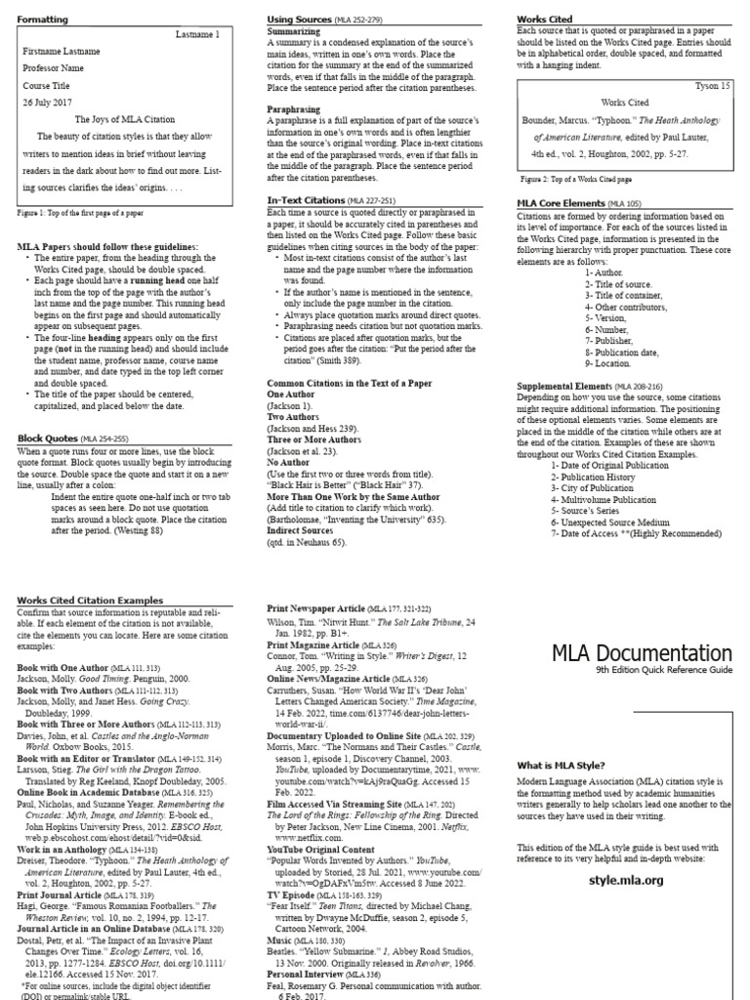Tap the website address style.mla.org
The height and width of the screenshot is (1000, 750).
[x=626, y=879]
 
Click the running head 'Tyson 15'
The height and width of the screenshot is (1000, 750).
[x=711, y=86]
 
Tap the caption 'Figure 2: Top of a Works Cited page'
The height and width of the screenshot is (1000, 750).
[x=576, y=180]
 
